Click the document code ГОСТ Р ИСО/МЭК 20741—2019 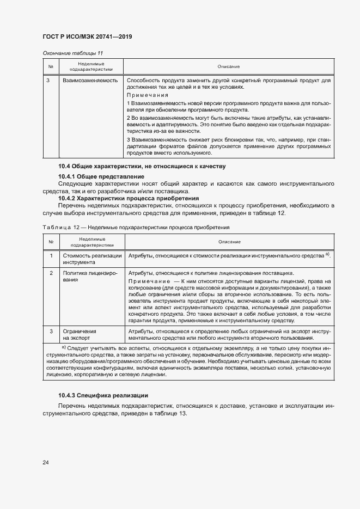click(x=87, y=37)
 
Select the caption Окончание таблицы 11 click(x=72, y=53)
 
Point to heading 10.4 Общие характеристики click(x=142, y=166)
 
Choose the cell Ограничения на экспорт click(x=80, y=334)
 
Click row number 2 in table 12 click(x=51, y=273)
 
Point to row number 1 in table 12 click(x=51, y=255)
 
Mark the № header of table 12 click(x=51, y=241)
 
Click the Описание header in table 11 click(x=228, y=66)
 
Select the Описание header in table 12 click(x=229, y=241)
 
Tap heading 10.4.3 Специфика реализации click(x=103, y=395)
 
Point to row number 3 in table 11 click(x=48, y=81)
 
